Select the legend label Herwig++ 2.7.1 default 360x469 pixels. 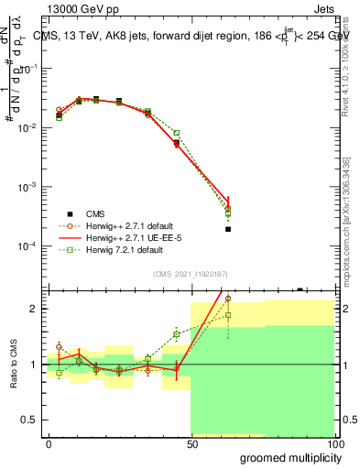point(136,225)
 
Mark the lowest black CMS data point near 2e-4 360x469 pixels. point(227,229)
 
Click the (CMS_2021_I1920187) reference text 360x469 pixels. point(191,274)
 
